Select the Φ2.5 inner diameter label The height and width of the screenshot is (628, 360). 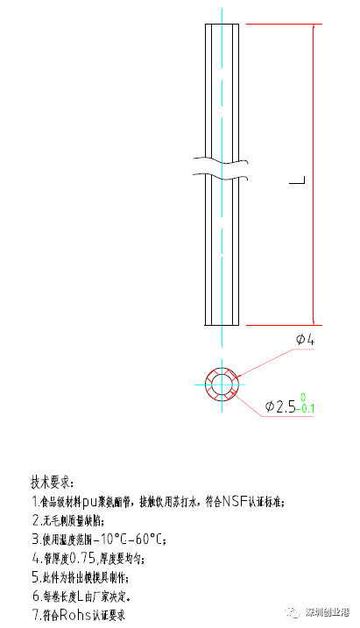coord(279,406)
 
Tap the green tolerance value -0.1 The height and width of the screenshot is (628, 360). coord(306,409)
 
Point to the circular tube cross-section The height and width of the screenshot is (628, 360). coord(222,384)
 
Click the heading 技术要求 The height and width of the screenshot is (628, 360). coord(53,483)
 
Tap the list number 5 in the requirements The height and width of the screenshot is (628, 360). coord(34,577)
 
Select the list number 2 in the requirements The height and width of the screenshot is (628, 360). coord(34,520)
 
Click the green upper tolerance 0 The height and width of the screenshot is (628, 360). coord(302,399)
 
